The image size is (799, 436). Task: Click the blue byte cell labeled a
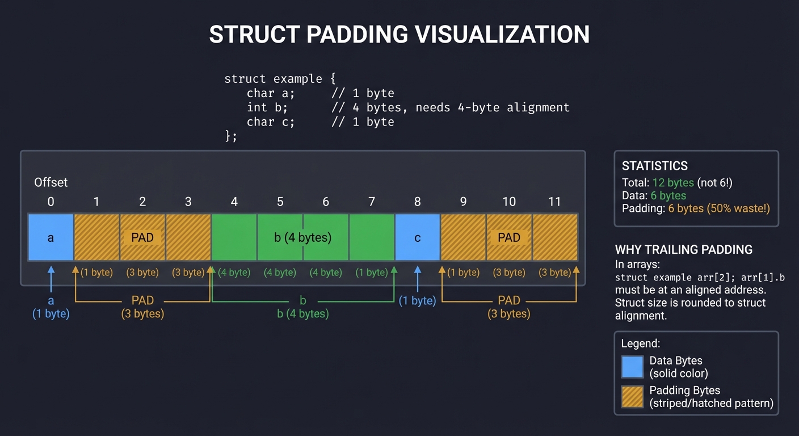[x=51, y=237]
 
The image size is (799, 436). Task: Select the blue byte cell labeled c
[x=418, y=237]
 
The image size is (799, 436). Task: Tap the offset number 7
[x=372, y=202]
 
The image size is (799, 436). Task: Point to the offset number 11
[x=554, y=202]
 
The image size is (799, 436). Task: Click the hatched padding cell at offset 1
[x=96, y=237]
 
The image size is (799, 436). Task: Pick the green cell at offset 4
[x=234, y=237]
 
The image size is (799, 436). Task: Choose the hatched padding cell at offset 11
[x=555, y=237]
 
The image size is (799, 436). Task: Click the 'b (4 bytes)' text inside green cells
[x=302, y=237]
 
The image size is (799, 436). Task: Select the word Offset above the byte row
[x=51, y=182]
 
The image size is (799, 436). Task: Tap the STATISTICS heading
[x=654, y=166]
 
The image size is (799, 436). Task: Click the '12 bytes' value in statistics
[x=673, y=183]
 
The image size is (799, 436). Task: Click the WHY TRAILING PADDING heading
[x=683, y=249]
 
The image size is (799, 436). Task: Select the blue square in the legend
[x=632, y=367]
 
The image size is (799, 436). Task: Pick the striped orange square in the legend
[x=632, y=397]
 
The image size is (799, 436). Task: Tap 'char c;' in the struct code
[x=271, y=121]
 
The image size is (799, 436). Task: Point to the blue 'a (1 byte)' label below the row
[x=51, y=308]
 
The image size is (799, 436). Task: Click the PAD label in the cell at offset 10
[x=508, y=237]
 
